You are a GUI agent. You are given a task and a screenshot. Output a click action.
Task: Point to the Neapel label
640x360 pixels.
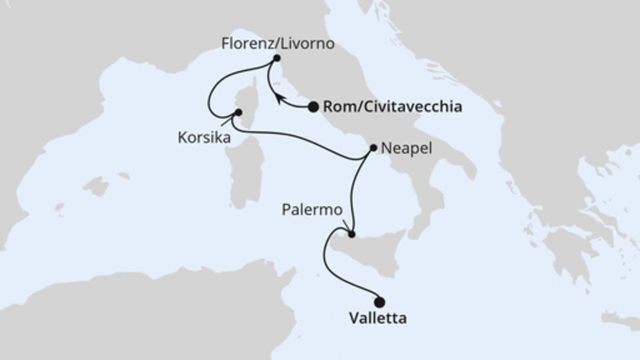pyautogui.click(x=408, y=149)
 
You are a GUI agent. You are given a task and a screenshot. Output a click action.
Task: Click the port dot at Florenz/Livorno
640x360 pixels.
pyautogui.click(x=277, y=58)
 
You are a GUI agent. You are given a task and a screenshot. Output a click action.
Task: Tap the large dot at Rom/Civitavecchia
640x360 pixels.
pyautogui.click(x=313, y=106)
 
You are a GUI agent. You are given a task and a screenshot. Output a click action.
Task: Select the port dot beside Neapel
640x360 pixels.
pyautogui.click(x=374, y=148)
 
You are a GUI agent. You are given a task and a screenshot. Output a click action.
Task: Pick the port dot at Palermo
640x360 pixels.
pyautogui.click(x=350, y=234)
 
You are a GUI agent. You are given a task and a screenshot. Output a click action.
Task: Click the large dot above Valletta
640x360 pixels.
pyautogui.click(x=379, y=302)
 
